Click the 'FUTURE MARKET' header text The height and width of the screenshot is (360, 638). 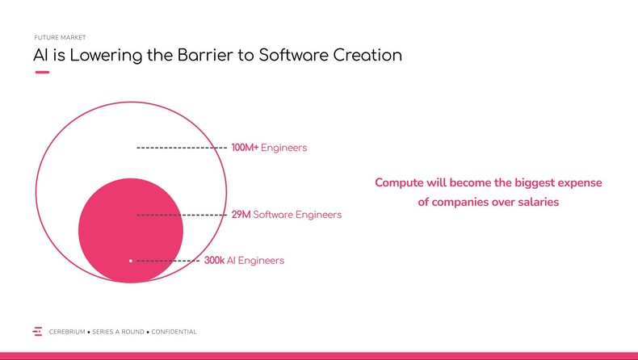click(x=60, y=38)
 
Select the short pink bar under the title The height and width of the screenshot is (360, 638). click(x=42, y=73)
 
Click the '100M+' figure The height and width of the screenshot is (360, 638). click(x=245, y=148)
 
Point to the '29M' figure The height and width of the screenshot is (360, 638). click(x=241, y=215)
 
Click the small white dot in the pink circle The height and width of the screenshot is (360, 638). click(x=131, y=261)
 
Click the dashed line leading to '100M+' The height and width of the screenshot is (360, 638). click(x=182, y=148)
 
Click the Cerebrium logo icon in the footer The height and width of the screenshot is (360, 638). click(x=37, y=332)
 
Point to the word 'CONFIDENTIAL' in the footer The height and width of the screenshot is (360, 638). click(x=174, y=332)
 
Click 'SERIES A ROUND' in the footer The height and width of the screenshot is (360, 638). click(x=119, y=332)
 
